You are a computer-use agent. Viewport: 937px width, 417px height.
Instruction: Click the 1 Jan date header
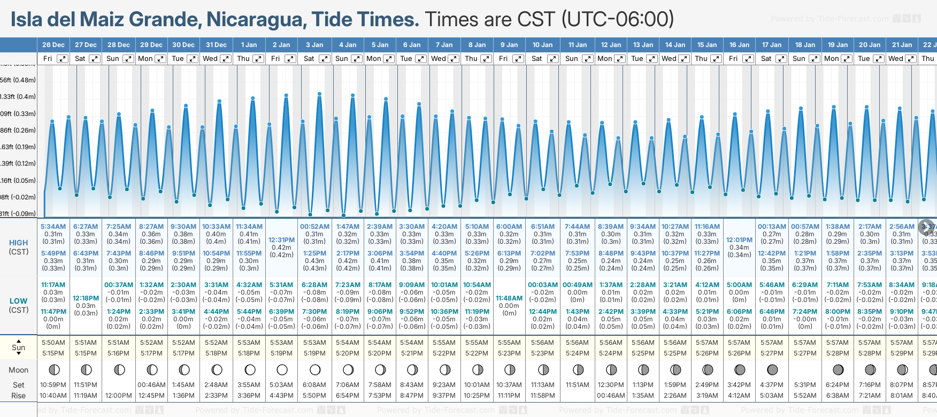tap(249, 45)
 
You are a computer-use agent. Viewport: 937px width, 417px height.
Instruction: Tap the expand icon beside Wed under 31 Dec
tap(226, 59)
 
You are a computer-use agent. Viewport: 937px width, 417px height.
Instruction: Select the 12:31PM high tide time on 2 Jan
tap(281, 240)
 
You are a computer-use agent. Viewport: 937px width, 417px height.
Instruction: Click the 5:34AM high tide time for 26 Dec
tap(53, 227)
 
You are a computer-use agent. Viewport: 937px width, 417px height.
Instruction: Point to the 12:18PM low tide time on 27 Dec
tap(86, 298)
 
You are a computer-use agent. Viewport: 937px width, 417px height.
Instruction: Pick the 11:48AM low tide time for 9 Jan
tap(509, 298)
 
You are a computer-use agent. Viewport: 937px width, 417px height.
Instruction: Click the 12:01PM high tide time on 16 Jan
tap(739, 240)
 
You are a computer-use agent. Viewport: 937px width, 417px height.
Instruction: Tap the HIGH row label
tap(19, 243)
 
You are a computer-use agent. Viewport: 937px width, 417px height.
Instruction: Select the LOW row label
tap(19, 301)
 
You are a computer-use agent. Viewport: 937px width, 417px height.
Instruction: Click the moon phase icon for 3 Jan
tap(315, 370)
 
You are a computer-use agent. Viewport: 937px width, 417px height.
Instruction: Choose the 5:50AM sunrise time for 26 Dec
tap(53, 343)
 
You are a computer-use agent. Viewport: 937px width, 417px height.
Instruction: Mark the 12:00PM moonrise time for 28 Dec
tap(119, 396)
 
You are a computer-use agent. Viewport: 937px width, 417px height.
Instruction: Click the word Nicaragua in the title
tap(256, 19)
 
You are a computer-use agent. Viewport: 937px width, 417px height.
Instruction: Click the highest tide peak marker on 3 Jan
tap(319, 94)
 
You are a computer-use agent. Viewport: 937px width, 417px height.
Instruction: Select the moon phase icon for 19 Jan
tap(838, 370)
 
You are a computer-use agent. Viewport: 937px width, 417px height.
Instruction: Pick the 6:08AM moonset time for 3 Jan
tap(314, 385)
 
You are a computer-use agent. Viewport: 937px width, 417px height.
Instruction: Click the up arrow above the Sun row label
tap(19, 341)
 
